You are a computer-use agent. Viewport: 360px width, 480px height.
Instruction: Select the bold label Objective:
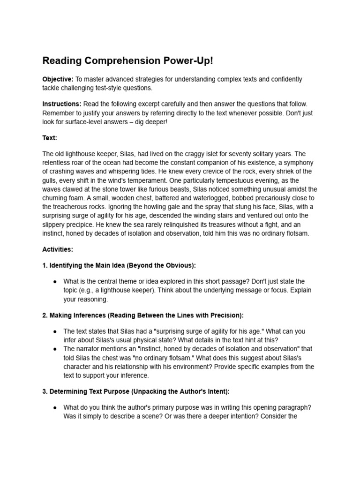pyautogui.click(x=58, y=79)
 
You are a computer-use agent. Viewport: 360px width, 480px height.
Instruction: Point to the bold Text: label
pyautogui.click(x=50, y=138)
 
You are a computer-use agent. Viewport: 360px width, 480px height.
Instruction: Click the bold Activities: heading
pyautogui.click(x=58, y=249)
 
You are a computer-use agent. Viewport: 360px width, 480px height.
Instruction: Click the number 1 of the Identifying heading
pyautogui.click(x=45, y=265)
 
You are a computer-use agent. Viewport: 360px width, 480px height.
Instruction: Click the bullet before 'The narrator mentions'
pyautogui.click(x=55, y=349)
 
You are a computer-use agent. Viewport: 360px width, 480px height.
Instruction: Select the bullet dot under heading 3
pyautogui.click(x=55, y=407)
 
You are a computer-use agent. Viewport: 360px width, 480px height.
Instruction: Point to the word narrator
pyautogui.click(x=89, y=349)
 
